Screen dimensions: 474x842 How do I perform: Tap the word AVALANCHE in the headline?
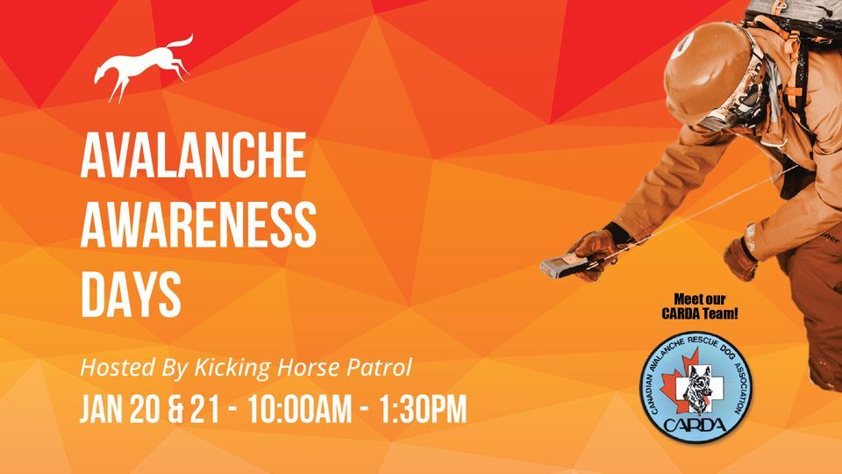[x=194, y=157]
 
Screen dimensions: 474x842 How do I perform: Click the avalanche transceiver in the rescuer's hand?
[x=561, y=264]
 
